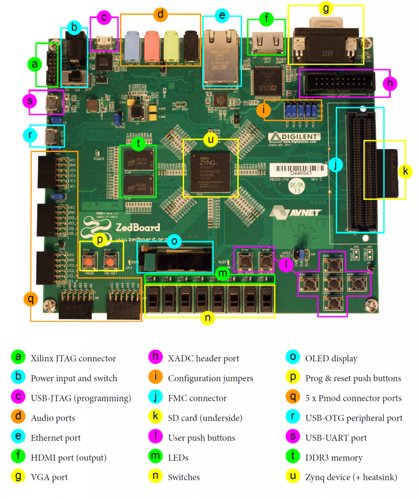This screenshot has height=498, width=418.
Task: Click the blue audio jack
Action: click(133, 44)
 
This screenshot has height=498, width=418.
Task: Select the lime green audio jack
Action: click(171, 44)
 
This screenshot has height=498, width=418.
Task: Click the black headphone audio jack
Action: click(190, 44)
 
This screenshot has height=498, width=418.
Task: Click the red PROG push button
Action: click(89, 263)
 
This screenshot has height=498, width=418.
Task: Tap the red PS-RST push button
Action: click(110, 263)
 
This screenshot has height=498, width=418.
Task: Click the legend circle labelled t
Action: click(292, 458)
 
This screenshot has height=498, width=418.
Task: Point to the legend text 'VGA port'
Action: click(49, 478)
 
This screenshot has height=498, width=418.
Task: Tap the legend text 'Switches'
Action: click(184, 478)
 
